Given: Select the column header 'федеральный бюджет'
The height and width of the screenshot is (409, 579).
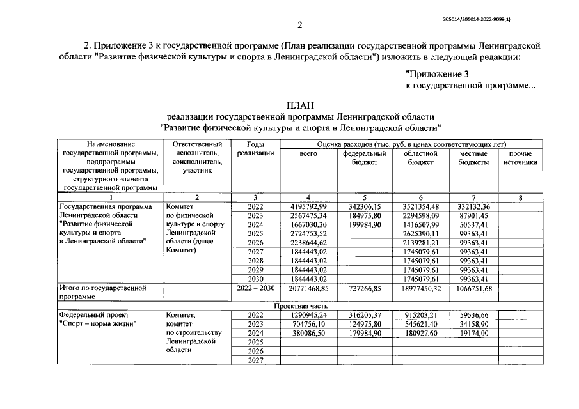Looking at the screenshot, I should point(364,158).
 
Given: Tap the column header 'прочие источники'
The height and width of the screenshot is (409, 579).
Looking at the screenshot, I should point(520,158).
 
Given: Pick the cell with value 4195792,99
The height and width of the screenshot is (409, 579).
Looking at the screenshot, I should point(309,206).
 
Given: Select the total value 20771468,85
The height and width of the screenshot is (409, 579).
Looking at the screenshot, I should point(309,289).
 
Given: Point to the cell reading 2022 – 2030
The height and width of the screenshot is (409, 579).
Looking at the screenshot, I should point(255,288).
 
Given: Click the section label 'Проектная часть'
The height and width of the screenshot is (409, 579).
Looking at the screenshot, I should point(299,306).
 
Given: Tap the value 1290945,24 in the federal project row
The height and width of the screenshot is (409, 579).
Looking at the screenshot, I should point(309,315).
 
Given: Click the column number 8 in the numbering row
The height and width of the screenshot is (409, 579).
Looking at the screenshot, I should point(520,197).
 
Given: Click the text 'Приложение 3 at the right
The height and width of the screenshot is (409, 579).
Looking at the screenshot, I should point(437,74).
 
